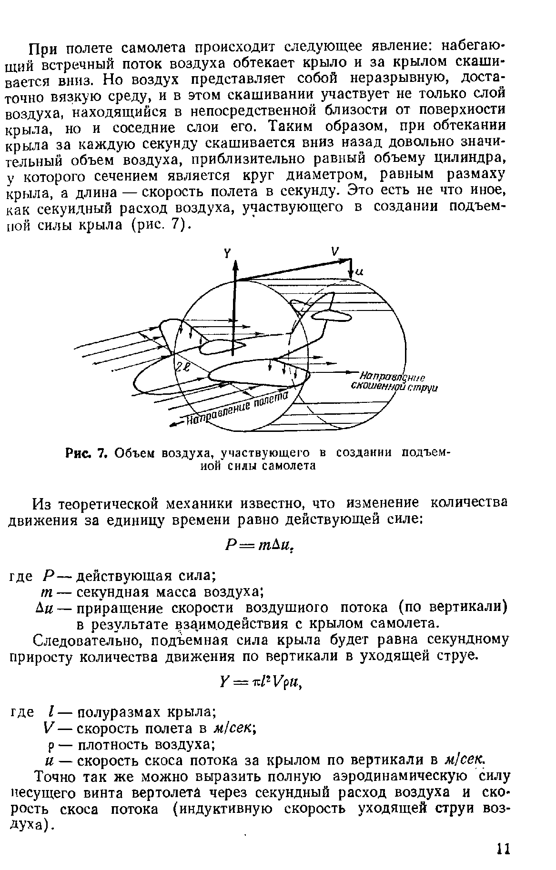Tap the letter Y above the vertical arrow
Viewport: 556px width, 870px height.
(227, 254)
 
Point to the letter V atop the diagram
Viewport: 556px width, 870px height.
(335, 251)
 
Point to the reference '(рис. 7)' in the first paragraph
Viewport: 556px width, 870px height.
(161, 224)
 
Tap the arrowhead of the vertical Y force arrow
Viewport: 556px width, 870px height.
(234, 265)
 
